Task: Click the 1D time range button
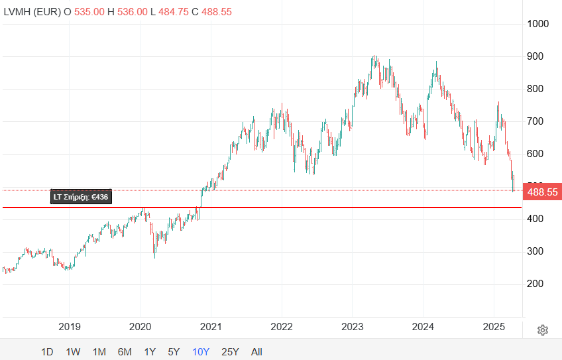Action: [47, 352]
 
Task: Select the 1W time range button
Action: [73, 352]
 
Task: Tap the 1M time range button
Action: [99, 352]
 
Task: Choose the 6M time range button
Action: [125, 352]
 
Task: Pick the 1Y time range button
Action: [150, 352]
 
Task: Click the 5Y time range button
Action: [174, 352]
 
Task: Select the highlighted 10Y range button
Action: [201, 352]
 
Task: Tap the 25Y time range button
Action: [230, 352]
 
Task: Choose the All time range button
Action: [256, 352]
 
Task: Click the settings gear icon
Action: [543, 330]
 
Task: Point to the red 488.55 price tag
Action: [542, 192]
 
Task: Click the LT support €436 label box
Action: [81, 197]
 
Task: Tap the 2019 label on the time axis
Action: [69, 326]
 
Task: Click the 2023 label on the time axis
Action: [352, 326]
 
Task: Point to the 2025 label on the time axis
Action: [494, 326]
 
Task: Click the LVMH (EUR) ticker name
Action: [31, 12]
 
